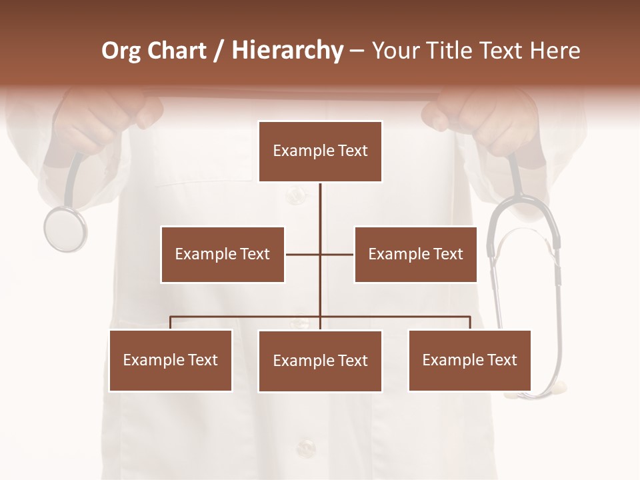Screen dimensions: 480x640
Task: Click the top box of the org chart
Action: point(320,151)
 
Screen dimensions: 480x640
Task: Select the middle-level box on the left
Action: point(223,254)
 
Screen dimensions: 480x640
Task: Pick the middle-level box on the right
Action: point(415,254)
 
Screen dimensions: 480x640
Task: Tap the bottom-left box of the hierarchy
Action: point(171,360)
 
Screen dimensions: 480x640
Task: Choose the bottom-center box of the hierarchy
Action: point(320,361)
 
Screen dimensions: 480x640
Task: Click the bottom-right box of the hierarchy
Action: point(469,360)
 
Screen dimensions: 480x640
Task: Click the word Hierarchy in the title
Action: point(287,51)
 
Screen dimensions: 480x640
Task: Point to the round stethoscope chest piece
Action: point(65,229)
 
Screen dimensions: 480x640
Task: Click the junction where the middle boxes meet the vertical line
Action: point(320,254)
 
